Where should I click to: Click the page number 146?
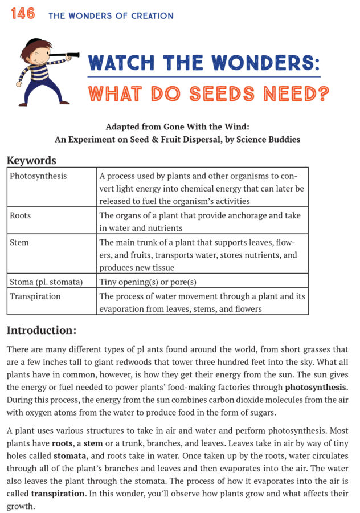pyautogui.click(x=22, y=14)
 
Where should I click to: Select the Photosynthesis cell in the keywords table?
pyautogui.click(x=38, y=176)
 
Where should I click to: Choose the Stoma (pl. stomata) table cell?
pyautogui.click(x=46, y=282)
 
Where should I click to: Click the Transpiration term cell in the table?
pyautogui.click(x=35, y=296)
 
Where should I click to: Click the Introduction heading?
pyautogui.click(x=41, y=330)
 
